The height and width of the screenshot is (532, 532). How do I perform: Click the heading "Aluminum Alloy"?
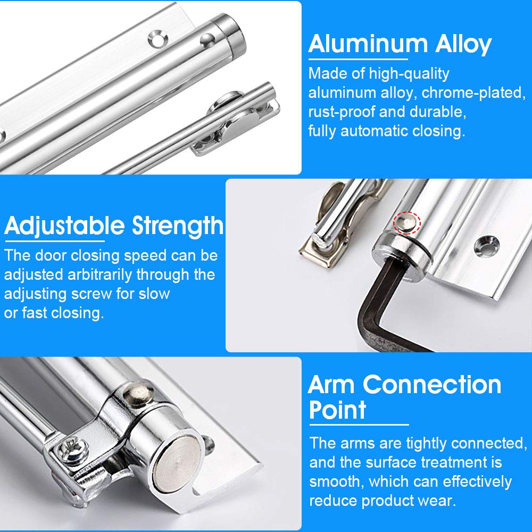[399, 44]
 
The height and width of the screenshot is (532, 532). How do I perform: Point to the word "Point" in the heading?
[338, 411]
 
